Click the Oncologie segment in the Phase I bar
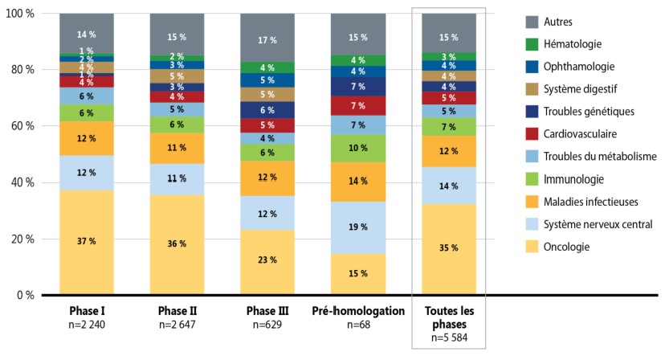86,243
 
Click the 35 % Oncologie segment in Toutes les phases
449,249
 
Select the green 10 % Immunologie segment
359,148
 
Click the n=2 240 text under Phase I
86,324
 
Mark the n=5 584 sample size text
449,337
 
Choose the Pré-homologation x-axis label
359,310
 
